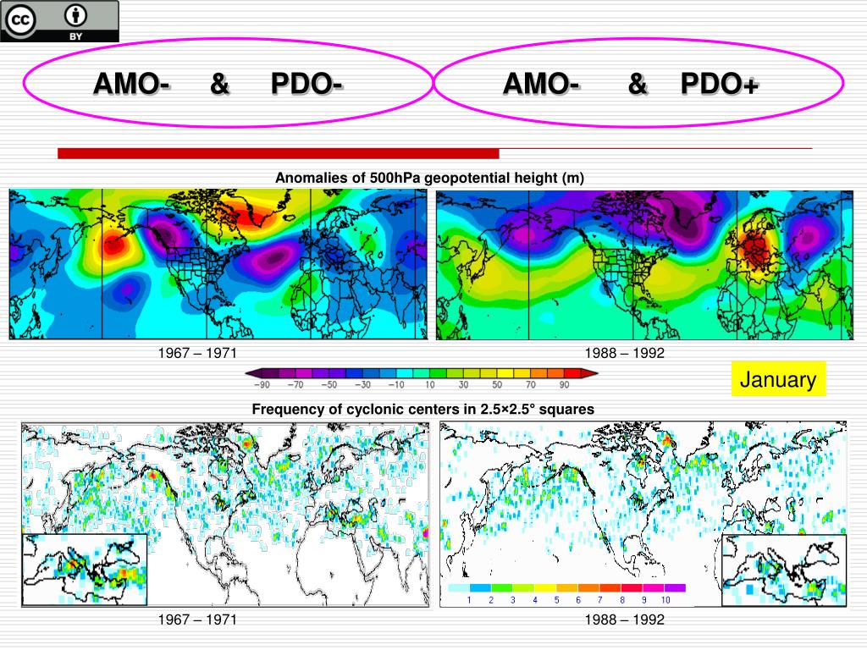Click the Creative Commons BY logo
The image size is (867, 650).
pos(59,21)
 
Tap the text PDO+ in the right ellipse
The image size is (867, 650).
pos(720,84)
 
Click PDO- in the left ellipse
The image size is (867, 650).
pos(306,84)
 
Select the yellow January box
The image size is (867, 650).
pos(777,379)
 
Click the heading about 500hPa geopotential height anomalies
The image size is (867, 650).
pos(429,178)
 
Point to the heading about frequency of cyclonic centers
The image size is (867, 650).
pos(422,409)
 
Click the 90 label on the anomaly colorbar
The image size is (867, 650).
pos(564,385)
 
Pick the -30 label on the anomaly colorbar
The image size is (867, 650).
pos(362,385)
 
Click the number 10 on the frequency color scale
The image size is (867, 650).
pos(665,600)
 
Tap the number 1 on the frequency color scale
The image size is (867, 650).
pos(468,600)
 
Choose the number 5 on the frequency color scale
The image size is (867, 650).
pos(556,600)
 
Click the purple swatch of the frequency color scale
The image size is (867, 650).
pos(675,587)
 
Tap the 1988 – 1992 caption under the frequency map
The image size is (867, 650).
pos(625,620)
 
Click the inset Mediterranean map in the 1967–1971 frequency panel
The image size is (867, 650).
pos(85,570)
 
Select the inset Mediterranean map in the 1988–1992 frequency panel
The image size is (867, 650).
pos(783,570)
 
